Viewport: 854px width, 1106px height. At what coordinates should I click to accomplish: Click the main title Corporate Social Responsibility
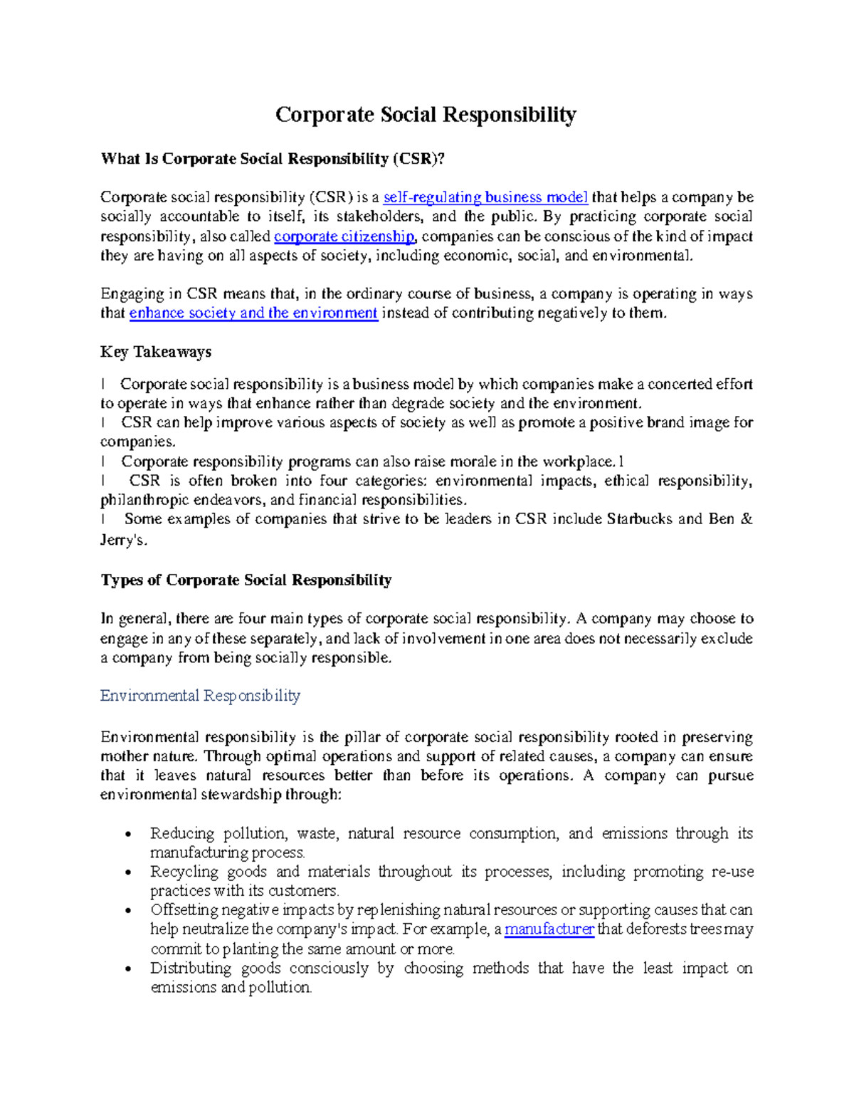click(x=426, y=115)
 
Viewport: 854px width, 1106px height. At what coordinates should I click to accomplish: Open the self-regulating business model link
click(x=485, y=197)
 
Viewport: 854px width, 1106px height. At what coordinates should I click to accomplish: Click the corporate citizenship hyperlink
click(x=344, y=236)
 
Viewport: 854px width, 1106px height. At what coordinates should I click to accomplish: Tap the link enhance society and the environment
click(x=253, y=313)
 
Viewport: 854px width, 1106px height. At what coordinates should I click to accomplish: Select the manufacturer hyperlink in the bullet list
click(x=549, y=929)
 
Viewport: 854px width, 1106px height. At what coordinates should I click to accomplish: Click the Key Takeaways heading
click(x=156, y=352)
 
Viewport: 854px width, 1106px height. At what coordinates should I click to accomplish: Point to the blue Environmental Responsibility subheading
click(x=200, y=696)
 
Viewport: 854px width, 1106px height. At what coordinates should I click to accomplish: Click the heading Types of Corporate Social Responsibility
click(x=246, y=580)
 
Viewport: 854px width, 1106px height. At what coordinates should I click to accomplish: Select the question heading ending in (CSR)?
click(x=273, y=159)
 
